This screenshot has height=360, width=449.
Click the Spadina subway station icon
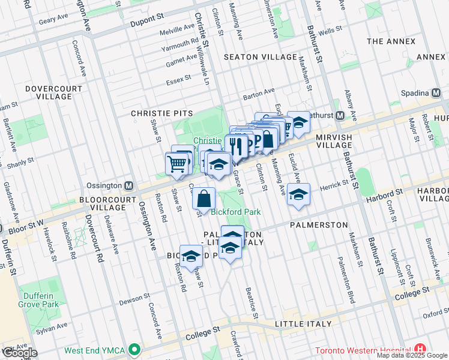point(436,92)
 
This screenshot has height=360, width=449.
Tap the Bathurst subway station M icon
point(340,115)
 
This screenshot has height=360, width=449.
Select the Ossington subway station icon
point(128,185)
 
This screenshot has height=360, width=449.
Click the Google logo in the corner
point(19,353)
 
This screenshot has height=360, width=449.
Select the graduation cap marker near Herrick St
point(298,194)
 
